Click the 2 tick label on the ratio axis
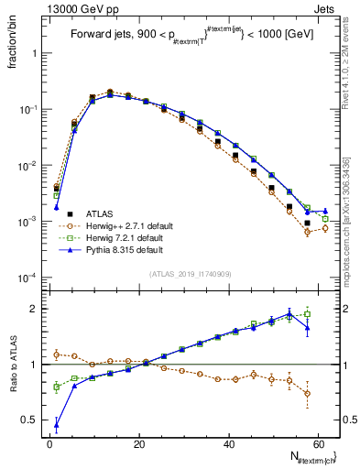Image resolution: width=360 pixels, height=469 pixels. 37,309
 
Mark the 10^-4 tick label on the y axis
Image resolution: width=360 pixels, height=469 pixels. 29,278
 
